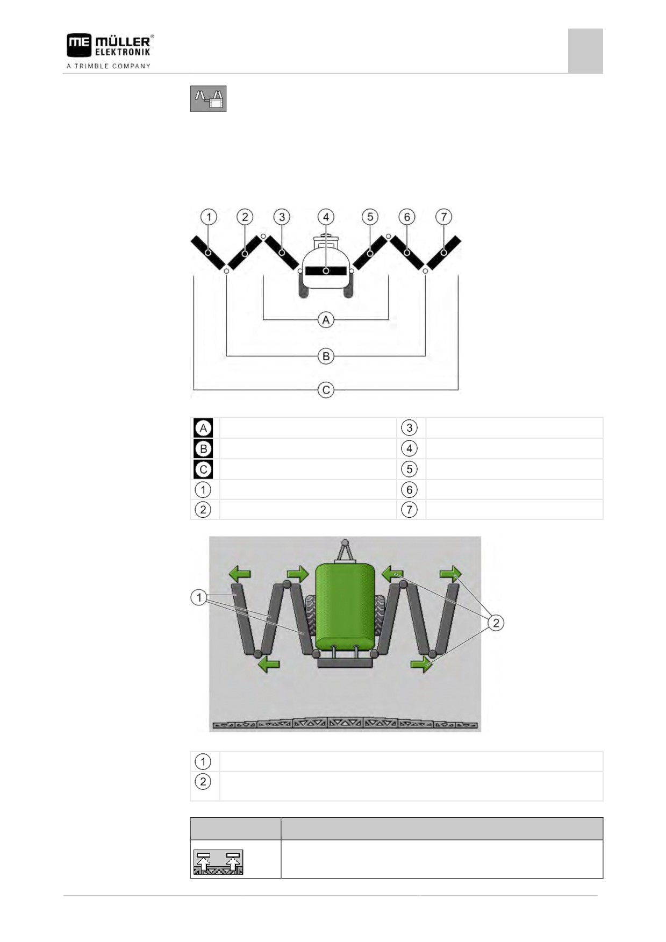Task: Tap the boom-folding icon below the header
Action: click(208, 98)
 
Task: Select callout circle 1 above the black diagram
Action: click(209, 217)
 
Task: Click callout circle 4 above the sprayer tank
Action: click(326, 217)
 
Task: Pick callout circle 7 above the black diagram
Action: click(443, 217)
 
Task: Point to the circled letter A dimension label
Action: click(326, 320)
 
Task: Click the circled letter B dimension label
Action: click(326, 356)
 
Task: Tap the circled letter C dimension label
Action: click(326, 390)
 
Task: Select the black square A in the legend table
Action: click(203, 428)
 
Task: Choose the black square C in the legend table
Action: click(203, 469)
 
